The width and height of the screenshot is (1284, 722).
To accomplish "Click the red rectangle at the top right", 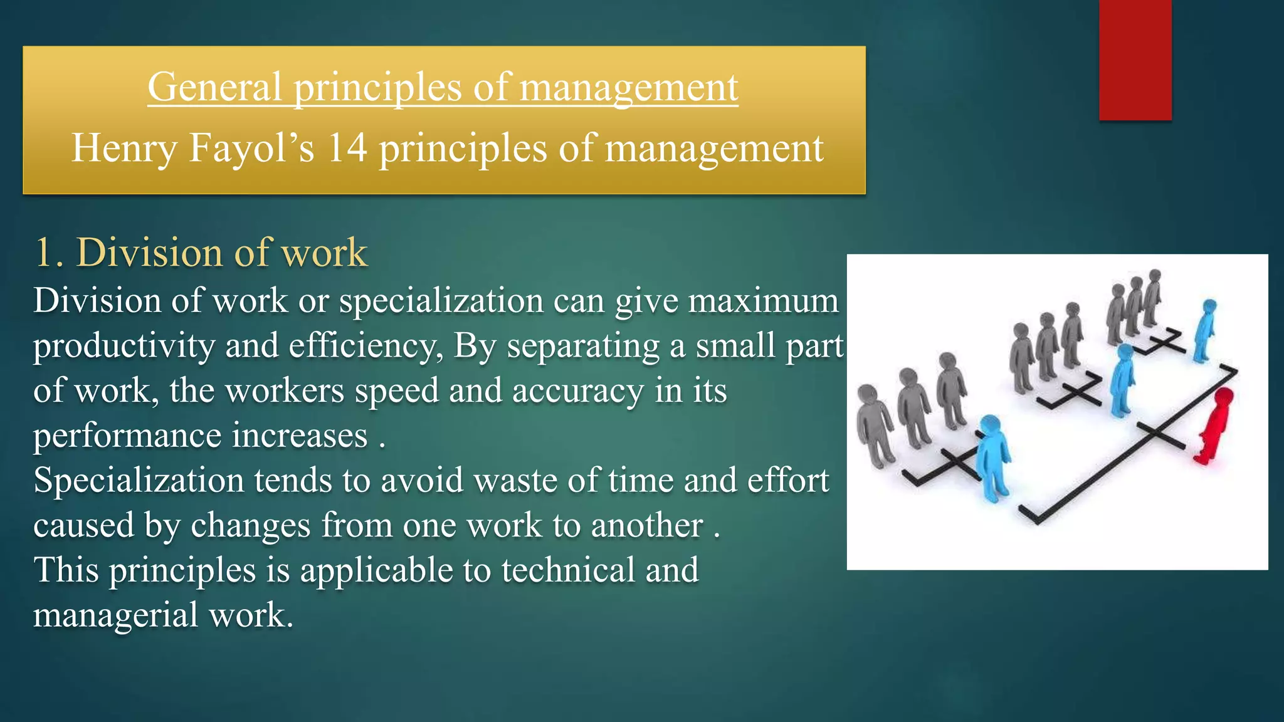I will pyautogui.click(x=1135, y=60).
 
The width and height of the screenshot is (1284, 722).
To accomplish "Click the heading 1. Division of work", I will pyautogui.click(x=201, y=253).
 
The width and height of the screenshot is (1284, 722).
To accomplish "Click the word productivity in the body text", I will pyautogui.click(x=124, y=346).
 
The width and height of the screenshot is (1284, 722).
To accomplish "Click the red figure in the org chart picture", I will pyautogui.click(x=1213, y=426).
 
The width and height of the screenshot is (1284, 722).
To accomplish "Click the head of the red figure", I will pyautogui.click(x=1223, y=396).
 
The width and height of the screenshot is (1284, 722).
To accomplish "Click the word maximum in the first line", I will pyautogui.click(x=763, y=301).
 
